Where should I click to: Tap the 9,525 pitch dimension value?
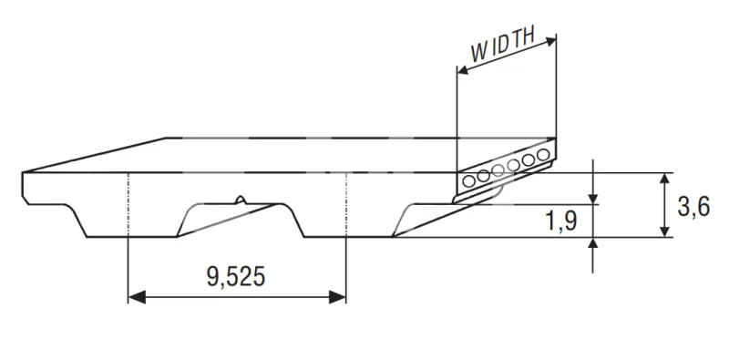(x=236, y=277)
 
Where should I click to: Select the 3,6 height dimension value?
(x=693, y=207)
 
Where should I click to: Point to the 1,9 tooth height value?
(x=561, y=221)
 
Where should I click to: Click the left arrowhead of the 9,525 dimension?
(x=137, y=297)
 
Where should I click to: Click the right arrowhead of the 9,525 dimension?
(x=337, y=297)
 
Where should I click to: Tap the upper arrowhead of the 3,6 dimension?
(x=665, y=178)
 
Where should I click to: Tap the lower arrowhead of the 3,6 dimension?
(x=665, y=231)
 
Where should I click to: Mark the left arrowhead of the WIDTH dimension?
(x=463, y=70)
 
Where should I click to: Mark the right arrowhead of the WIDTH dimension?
(x=551, y=41)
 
